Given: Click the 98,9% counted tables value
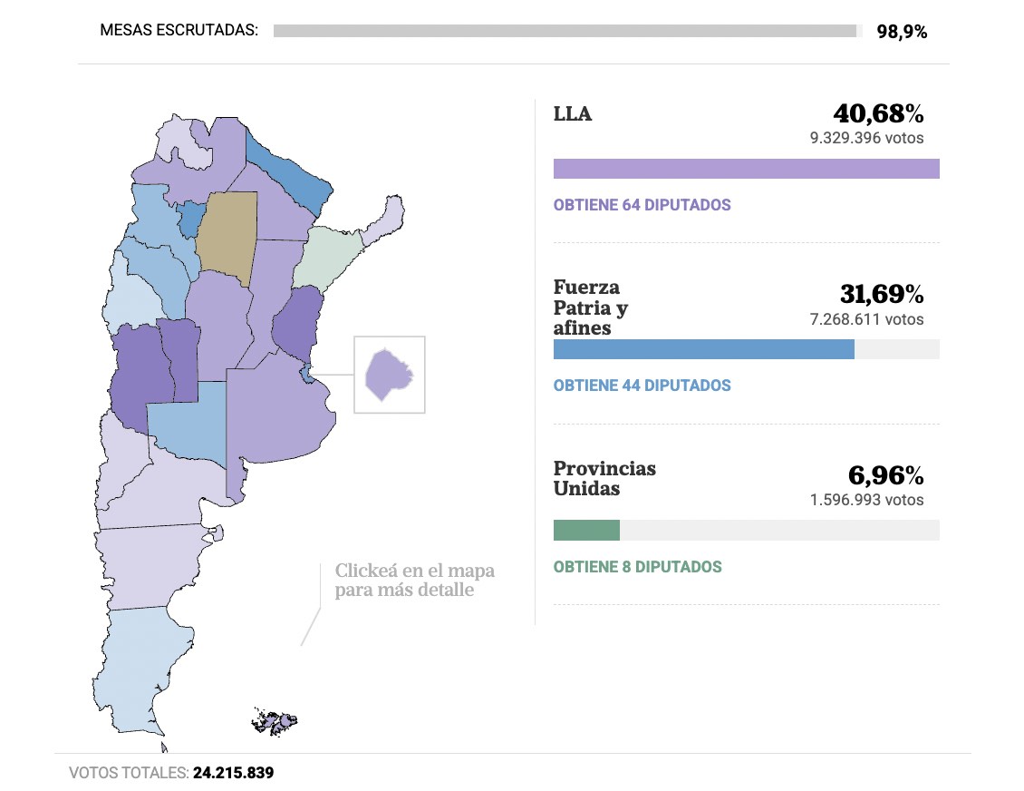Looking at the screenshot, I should click(901, 32).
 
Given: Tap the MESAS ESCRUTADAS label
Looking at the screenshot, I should click(179, 30).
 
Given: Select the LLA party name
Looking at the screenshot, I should click(573, 114).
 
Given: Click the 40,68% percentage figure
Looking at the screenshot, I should click(878, 114).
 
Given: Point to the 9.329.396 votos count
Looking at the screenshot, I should click(866, 139).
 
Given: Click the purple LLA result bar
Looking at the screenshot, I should click(746, 169).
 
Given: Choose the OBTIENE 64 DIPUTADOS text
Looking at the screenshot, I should click(642, 205).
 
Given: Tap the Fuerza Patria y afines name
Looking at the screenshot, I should click(591, 308).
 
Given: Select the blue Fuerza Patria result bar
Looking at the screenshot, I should click(703, 349).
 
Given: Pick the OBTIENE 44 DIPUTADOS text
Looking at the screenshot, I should click(642, 386).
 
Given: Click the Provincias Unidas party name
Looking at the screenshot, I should click(604, 478).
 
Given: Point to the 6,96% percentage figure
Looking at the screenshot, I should click(885, 476).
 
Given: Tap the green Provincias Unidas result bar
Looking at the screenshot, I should click(586, 531).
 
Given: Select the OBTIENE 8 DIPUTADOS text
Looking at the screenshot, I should click(637, 567).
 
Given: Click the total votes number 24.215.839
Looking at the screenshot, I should click(233, 774).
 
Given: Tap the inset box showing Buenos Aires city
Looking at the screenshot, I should click(389, 375).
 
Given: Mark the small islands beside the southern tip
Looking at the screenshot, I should click(275, 722).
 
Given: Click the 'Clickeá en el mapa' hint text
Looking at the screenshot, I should click(414, 581).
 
